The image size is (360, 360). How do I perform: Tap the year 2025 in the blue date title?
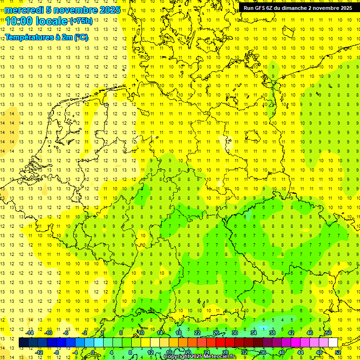click(108, 10)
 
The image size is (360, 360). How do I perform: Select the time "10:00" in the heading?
click(19, 21)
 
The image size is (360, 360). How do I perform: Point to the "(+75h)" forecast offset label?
click(81, 21)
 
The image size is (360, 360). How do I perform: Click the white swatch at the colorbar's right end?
click(333, 343)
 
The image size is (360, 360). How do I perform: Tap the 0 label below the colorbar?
click(93, 352)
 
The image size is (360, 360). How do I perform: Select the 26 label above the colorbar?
click(216, 333)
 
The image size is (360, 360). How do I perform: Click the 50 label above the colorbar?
click(329, 333)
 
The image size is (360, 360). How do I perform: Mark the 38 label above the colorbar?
click(272, 333)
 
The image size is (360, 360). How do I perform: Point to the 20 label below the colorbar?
click(187, 352)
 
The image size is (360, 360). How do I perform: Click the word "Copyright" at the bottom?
click(176, 357)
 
